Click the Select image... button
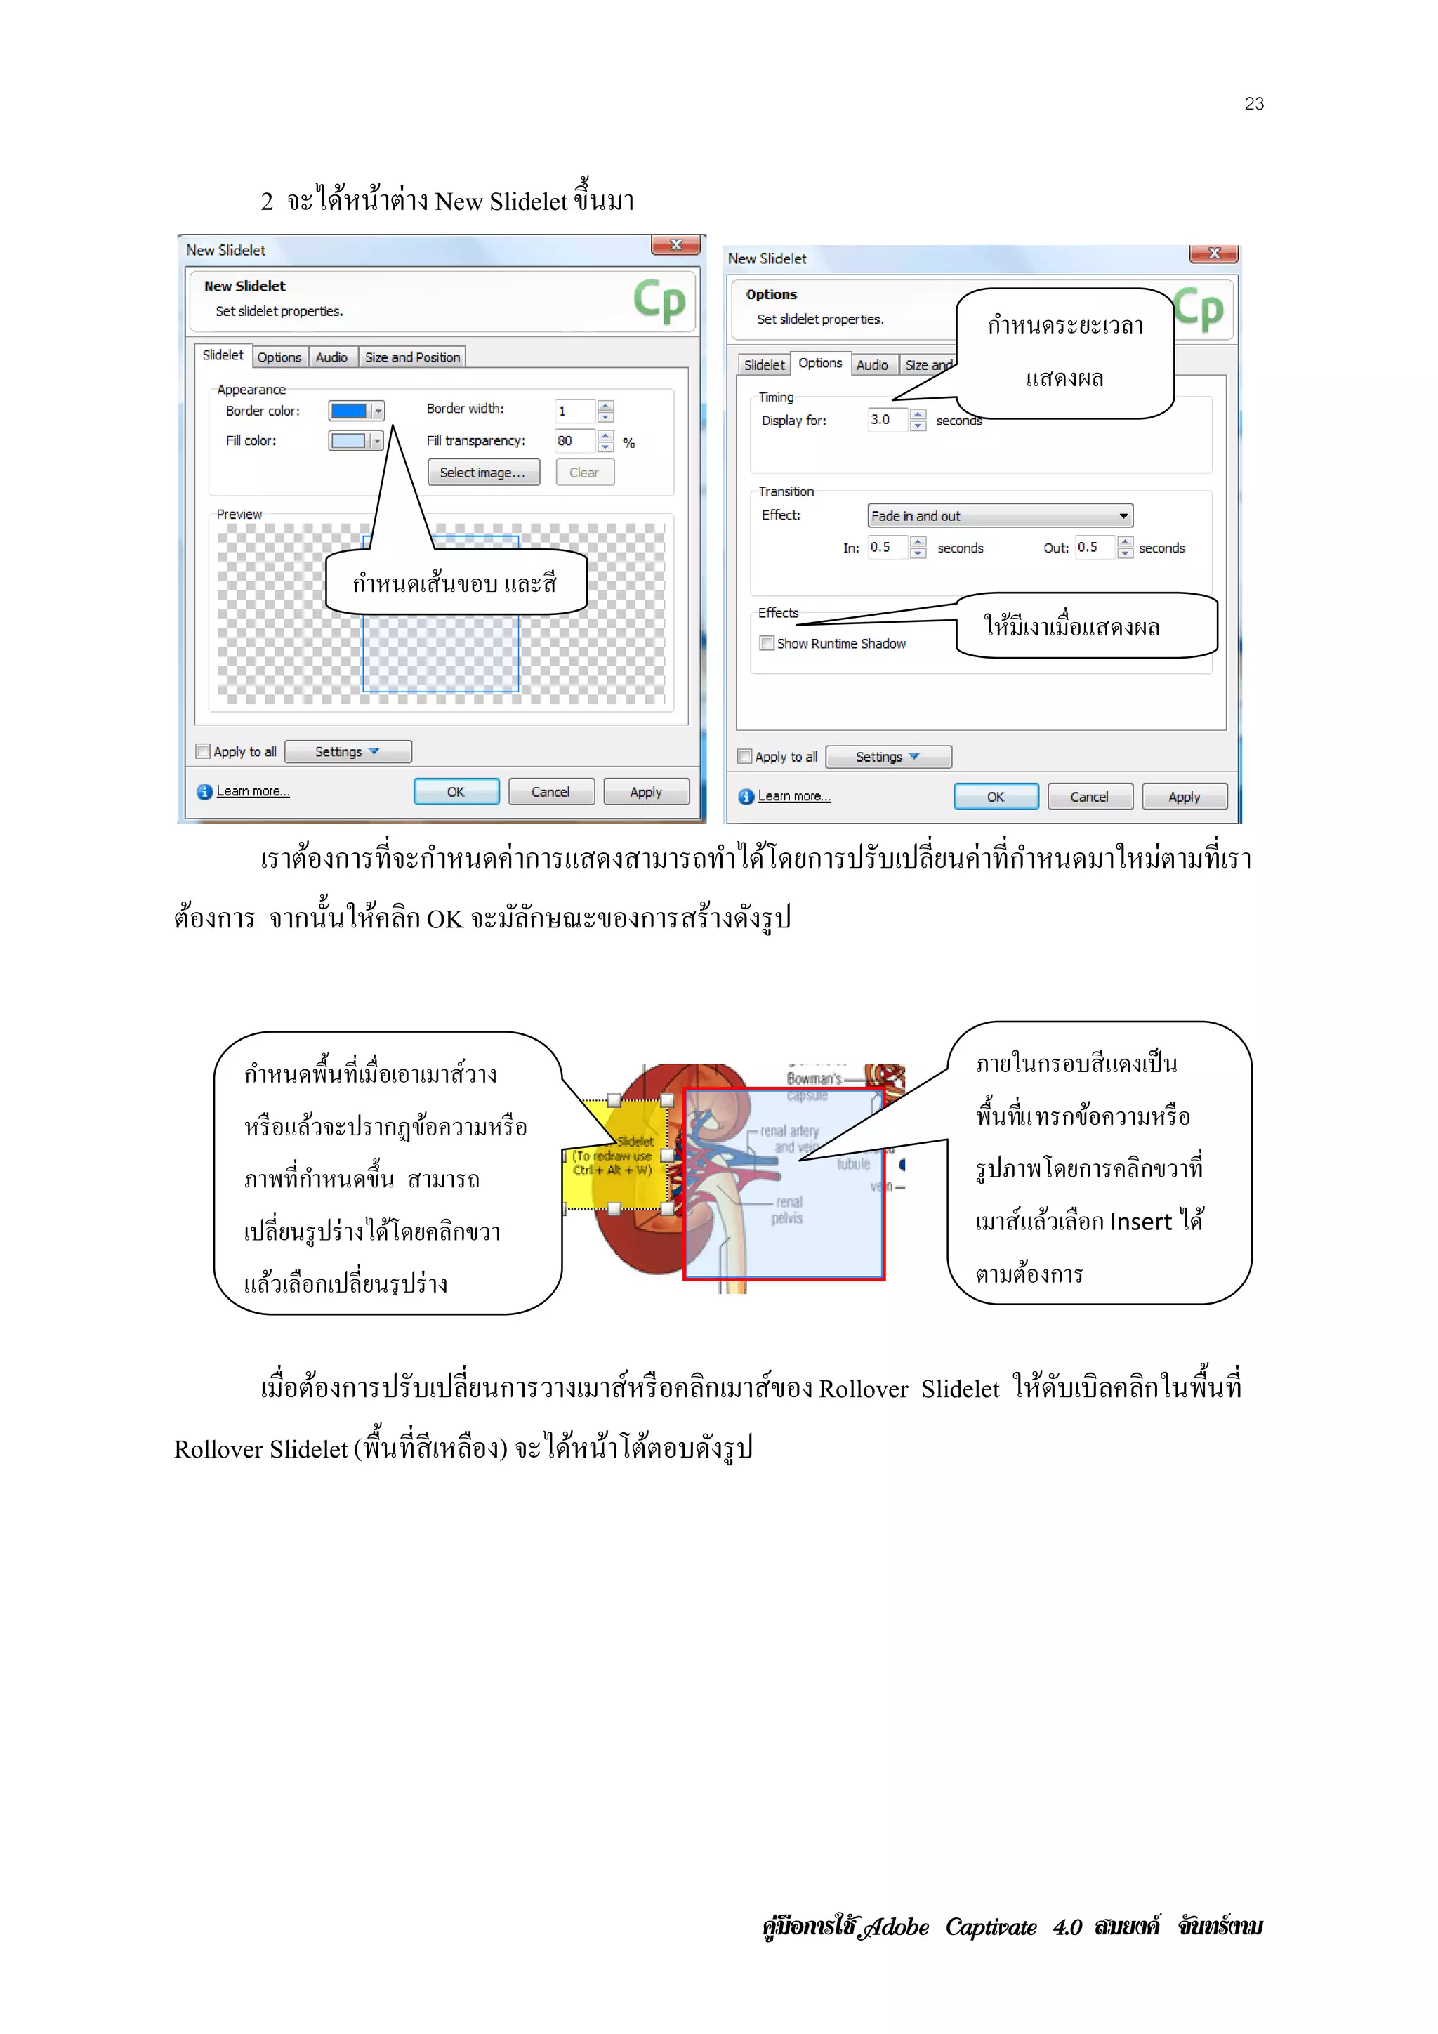click(x=483, y=473)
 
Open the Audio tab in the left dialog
click(x=331, y=357)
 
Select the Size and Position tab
click(x=412, y=357)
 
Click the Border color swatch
click(x=349, y=411)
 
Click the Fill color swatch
click(x=349, y=441)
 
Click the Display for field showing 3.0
click(x=887, y=420)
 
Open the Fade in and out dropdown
click(x=999, y=515)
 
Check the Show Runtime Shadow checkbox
click(x=767, y=643)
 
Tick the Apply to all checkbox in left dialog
click(x=203, y=751)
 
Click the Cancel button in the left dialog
click(x=550, y=792)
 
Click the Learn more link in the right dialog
click(x=794, y=796)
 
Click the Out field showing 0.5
click(x=1093, y=548)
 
